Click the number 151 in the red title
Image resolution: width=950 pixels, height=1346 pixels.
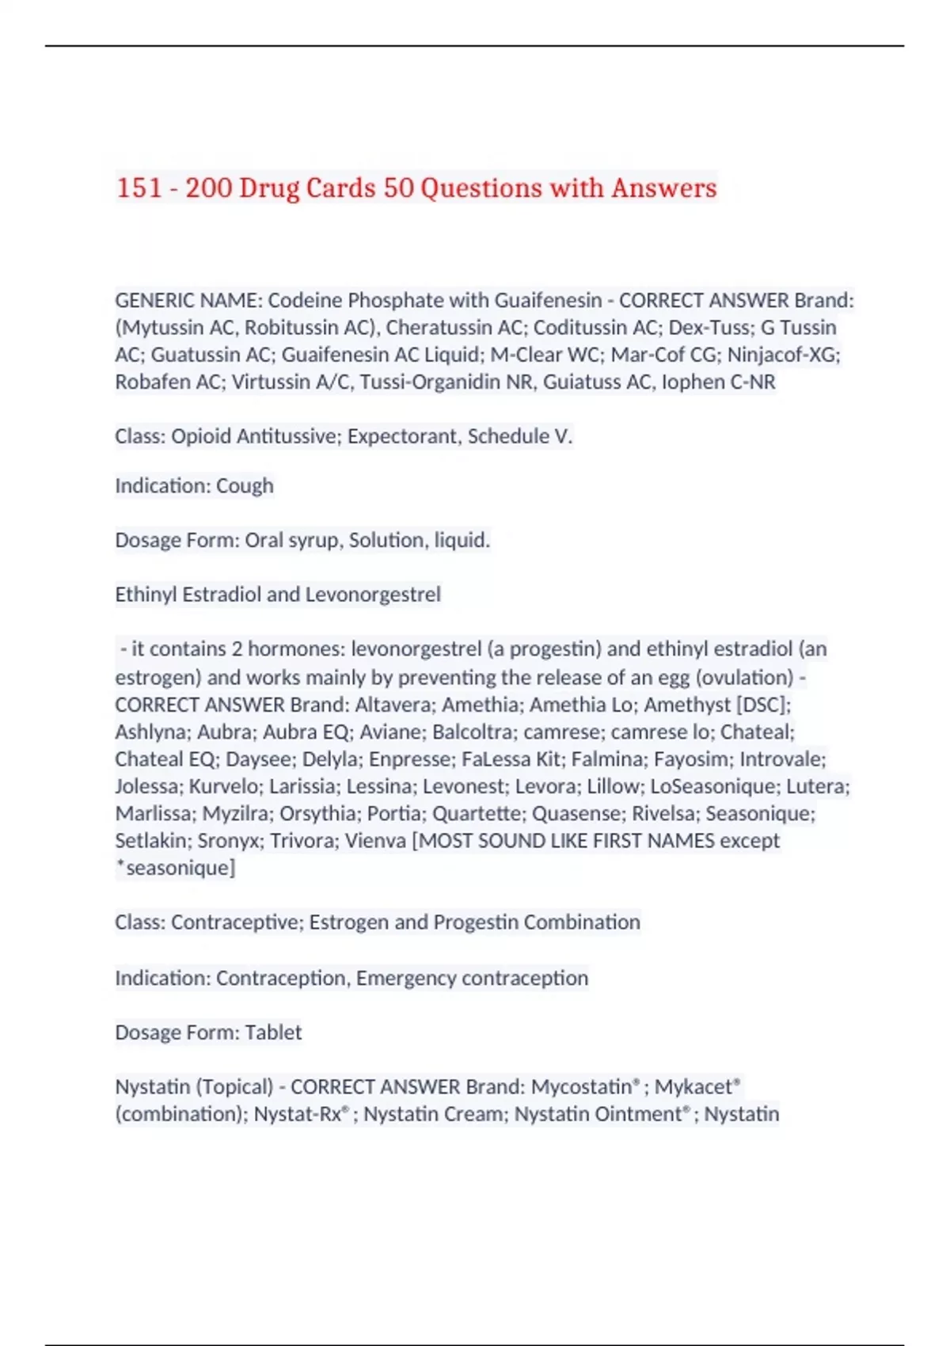[139, 188]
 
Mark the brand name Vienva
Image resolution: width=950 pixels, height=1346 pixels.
[377, 841]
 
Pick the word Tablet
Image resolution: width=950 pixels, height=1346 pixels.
[273, 1032]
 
